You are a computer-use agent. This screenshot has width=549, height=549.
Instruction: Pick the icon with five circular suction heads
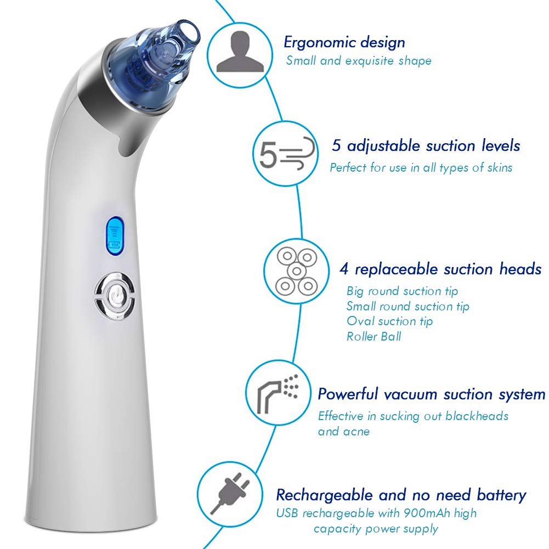point(296,269)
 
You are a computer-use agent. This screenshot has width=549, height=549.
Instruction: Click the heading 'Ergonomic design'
point(344,42)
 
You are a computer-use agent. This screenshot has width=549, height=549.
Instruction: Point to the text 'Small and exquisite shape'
point(359,60)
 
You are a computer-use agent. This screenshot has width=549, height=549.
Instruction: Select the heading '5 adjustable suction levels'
point(426,146)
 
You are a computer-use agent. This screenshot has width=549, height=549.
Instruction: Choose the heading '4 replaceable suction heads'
point(440,269)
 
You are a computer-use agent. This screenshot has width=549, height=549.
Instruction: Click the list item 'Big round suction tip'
point(402,291)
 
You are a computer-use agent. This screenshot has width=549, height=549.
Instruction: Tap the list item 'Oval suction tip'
point(389,321)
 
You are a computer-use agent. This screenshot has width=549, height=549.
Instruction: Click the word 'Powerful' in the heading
point(348,394)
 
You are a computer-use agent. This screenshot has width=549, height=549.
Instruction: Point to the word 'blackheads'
point(477,416)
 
